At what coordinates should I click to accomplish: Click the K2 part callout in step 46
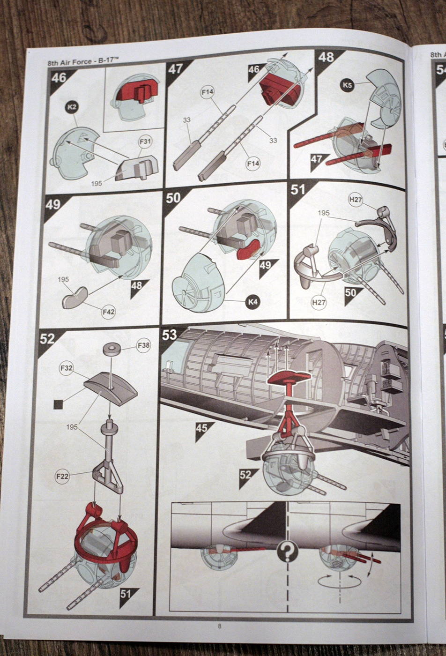[x=72, y=107]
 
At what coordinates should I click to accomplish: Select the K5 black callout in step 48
[x=347, y=85]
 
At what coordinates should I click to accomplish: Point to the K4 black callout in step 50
[x=253, y=302]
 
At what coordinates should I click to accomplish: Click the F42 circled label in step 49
[x=108, y=311]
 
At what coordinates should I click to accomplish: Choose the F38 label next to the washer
[x=143, y=346]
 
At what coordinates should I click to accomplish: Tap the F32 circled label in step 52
[x=67, y=368]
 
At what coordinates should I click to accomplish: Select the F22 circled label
[x=62, y=477]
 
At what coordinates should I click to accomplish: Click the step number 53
[x=170, y=335]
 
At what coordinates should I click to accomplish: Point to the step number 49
[x=53, y=205]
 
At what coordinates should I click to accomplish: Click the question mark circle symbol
[x=287, y=552]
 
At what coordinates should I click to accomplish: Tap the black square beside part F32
[x=59, y=404]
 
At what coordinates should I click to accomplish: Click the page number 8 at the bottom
[x=219, y=626]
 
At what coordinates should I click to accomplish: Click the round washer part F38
[x=112, y=349]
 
